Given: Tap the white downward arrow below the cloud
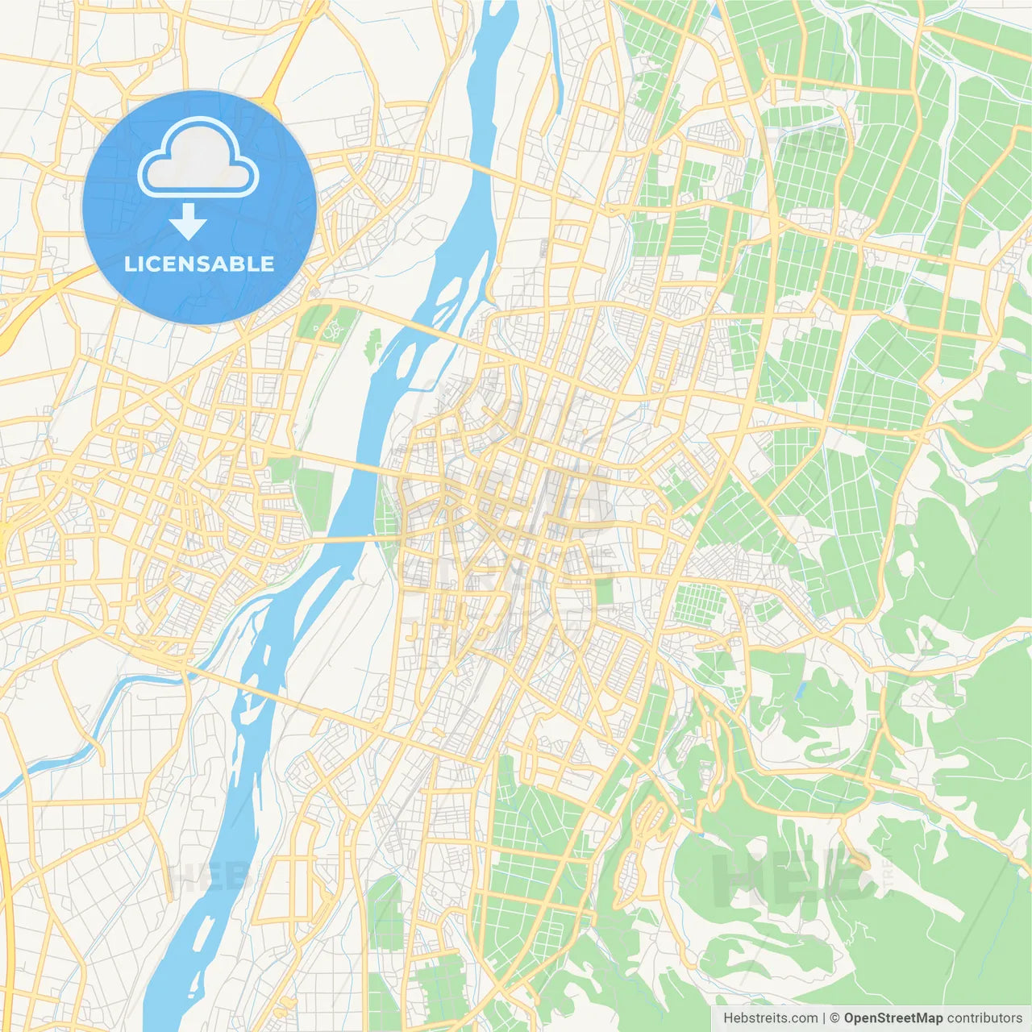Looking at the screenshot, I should [188, 222].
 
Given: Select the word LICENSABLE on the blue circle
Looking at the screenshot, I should [199, 264].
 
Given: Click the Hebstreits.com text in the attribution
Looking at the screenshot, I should [770, 1018].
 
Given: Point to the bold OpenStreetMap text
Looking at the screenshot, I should [893, 1018].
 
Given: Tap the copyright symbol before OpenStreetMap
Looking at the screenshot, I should [835, 1018].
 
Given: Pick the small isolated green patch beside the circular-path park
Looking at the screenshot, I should [372, 345].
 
